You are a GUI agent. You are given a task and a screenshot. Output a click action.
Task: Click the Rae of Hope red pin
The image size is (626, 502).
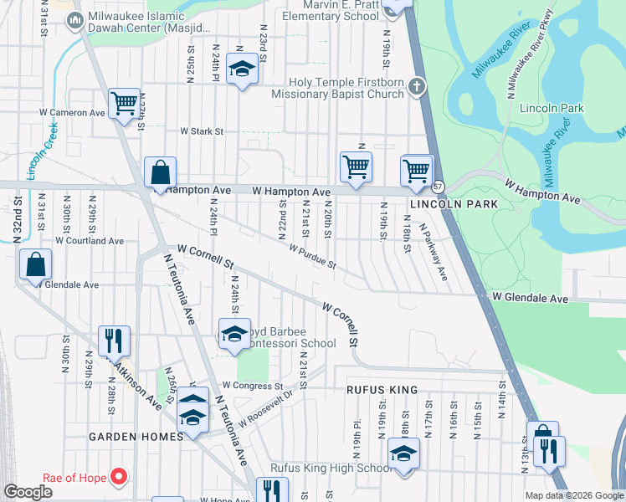click(x=120, y=477)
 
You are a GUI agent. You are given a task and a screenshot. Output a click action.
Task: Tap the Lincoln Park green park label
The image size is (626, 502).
click(x=551, y=109)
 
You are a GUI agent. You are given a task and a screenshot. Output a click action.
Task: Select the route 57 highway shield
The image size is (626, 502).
click(x=438, y=186)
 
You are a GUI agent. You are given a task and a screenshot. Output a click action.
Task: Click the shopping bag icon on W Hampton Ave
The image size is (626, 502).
click(x=160, y=173)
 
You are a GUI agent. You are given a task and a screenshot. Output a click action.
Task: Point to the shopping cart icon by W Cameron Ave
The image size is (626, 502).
click(x=124, y=103)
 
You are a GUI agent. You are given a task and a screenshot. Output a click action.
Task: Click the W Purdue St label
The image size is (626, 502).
click(x=312, y=257)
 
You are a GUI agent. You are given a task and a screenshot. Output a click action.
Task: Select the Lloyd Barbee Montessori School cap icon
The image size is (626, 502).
click(x=234, y=334)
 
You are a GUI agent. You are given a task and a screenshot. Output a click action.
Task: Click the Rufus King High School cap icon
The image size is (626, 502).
click(x=403, y=453)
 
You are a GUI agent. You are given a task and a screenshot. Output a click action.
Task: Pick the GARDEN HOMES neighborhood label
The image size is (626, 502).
click(x=136, y=437)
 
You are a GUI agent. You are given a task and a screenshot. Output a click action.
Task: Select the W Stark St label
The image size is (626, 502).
click(x=203, y=131)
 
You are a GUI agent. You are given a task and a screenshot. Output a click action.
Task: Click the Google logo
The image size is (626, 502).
click(x=28, y=491)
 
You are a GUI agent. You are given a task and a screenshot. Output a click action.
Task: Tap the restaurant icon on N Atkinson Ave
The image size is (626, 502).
click(x=114, y=340)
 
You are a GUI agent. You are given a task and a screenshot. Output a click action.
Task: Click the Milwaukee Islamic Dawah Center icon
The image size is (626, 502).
click(x=74, y=20)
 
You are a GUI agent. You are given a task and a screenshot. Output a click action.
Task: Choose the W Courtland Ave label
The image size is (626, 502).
click(x=90, y=241)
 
